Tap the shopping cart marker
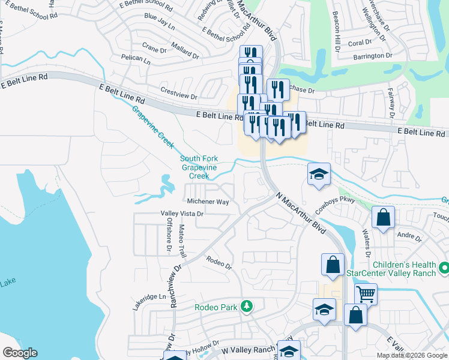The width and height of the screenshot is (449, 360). [x=366, y=294]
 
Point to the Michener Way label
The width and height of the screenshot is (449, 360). [x=208, y=202]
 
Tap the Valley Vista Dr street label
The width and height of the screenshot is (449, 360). [x=182, y=214]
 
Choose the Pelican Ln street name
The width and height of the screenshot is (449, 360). [x=135, y=59]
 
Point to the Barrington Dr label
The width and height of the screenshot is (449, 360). [x=372, y=56]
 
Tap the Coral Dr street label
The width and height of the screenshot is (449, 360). [x=360, y=43]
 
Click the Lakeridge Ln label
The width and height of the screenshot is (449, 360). [x=149, y=297]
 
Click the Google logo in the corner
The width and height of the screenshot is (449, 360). [x=20, y=353]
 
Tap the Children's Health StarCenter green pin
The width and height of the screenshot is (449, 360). [x=444, y=266]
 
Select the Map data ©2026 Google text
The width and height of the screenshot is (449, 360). [x=412, y=355]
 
